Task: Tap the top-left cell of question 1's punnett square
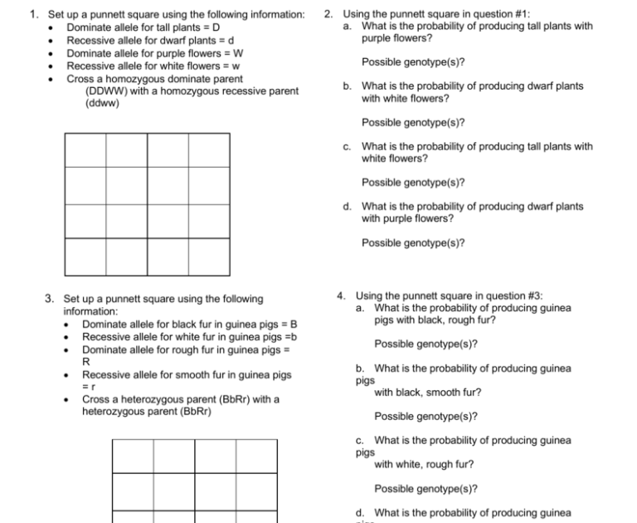85,150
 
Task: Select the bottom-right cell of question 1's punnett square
208,256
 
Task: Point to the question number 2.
329,14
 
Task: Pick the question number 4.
342,296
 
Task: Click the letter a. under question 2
348,26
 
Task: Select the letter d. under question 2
348,207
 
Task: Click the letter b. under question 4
360,369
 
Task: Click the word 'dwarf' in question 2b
538,86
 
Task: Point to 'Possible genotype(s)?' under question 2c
412,183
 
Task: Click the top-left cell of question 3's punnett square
133,455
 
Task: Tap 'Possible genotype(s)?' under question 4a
425,344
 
